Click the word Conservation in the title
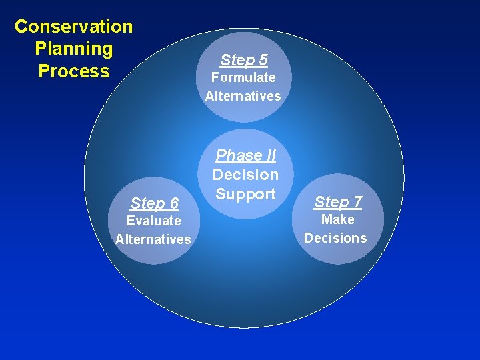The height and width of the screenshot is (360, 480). (74, 27)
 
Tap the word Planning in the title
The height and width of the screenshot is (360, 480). (74, 49)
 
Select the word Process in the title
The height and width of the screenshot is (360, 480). (74, 71)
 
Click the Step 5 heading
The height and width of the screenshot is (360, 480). (243, 60)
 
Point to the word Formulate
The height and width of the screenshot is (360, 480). (243, 77)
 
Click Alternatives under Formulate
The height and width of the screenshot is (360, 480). (243, 96)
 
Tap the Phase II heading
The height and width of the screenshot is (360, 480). (245, 155)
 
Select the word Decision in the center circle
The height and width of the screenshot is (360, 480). (245, 175)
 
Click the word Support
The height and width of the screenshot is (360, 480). (245, 194)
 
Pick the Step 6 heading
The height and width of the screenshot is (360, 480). (154, 203)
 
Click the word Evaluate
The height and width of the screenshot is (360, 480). (154, 221)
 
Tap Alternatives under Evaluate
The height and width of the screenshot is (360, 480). (153, 239)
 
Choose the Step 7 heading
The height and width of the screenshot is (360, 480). (337, 201)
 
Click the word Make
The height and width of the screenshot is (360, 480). (337, 219)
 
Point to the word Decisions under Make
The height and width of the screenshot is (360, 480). (335, 238)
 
